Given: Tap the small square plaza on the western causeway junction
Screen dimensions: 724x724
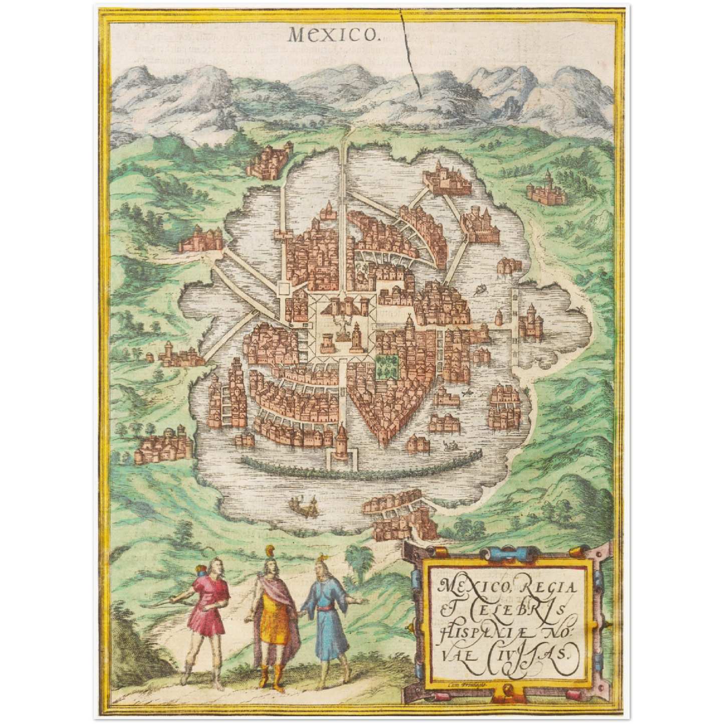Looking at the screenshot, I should click(x=284, y=289).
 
